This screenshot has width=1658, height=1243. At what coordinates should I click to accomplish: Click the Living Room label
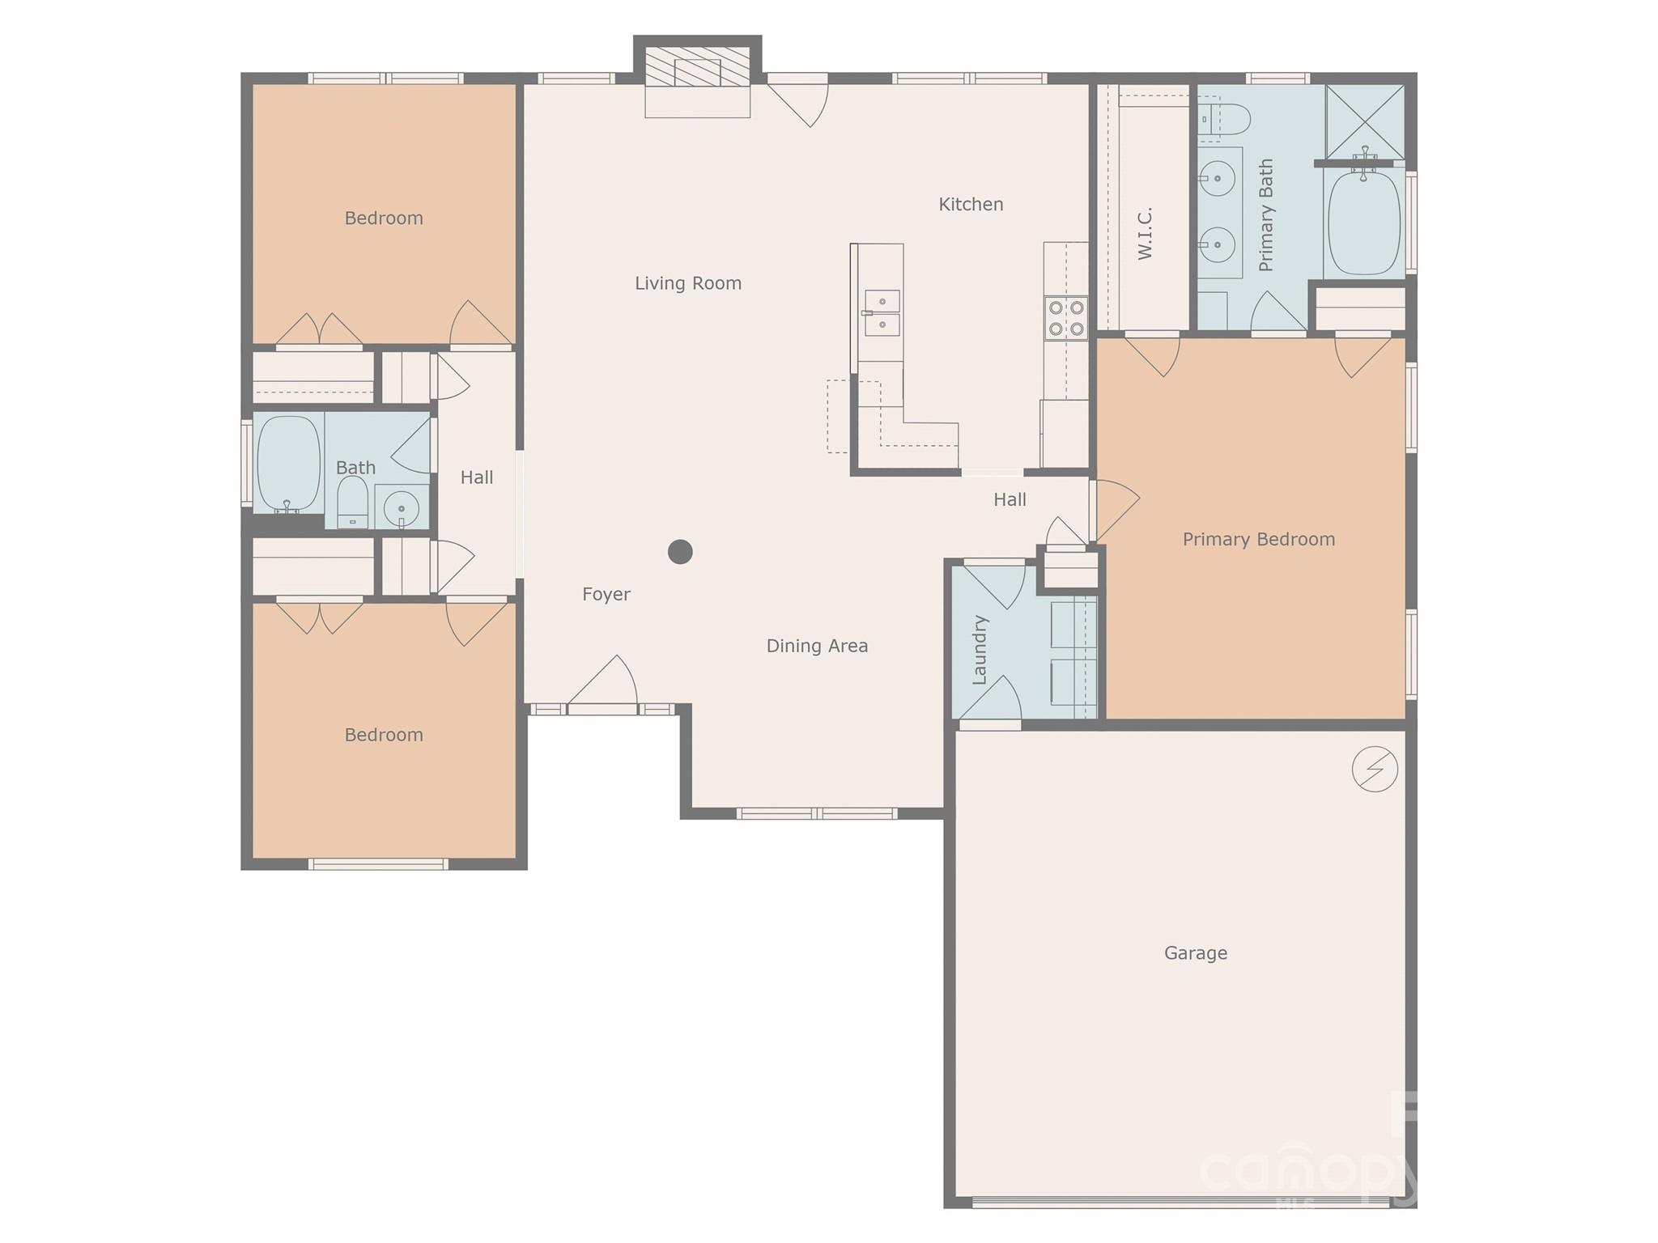(x=687, y=283)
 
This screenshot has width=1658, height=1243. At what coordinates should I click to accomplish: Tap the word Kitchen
(x=970, y=205)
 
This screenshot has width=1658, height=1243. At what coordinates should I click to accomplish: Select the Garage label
(x=1195, y=953)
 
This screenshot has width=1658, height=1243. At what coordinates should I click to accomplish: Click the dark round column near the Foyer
(x=680, y=552)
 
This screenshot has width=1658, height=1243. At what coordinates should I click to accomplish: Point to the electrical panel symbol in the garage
(x=1374, y=769)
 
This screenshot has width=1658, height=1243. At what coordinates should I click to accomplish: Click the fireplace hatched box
(x=697, y=66)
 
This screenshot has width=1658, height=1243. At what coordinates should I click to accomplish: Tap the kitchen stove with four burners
(x=1065, y=318)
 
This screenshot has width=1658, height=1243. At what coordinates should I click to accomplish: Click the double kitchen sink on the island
(x=882, y=313)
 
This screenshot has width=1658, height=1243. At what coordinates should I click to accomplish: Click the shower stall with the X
(x=1365, y=121)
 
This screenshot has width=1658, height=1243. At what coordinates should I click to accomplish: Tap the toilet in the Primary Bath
(x=1224, y=119)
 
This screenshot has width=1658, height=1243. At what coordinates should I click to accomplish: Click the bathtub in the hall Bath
(x=288, y=464)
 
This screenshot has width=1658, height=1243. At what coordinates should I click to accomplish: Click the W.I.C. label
(x=1145, y=234)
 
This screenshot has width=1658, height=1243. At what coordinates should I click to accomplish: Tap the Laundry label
(x=980, y=650)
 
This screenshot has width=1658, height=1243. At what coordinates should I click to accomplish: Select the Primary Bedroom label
(x=1258, y=540)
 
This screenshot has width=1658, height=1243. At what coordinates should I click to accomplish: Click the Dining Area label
(x=816, y=646)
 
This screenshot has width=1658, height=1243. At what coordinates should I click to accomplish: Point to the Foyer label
(x=606, y=595)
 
